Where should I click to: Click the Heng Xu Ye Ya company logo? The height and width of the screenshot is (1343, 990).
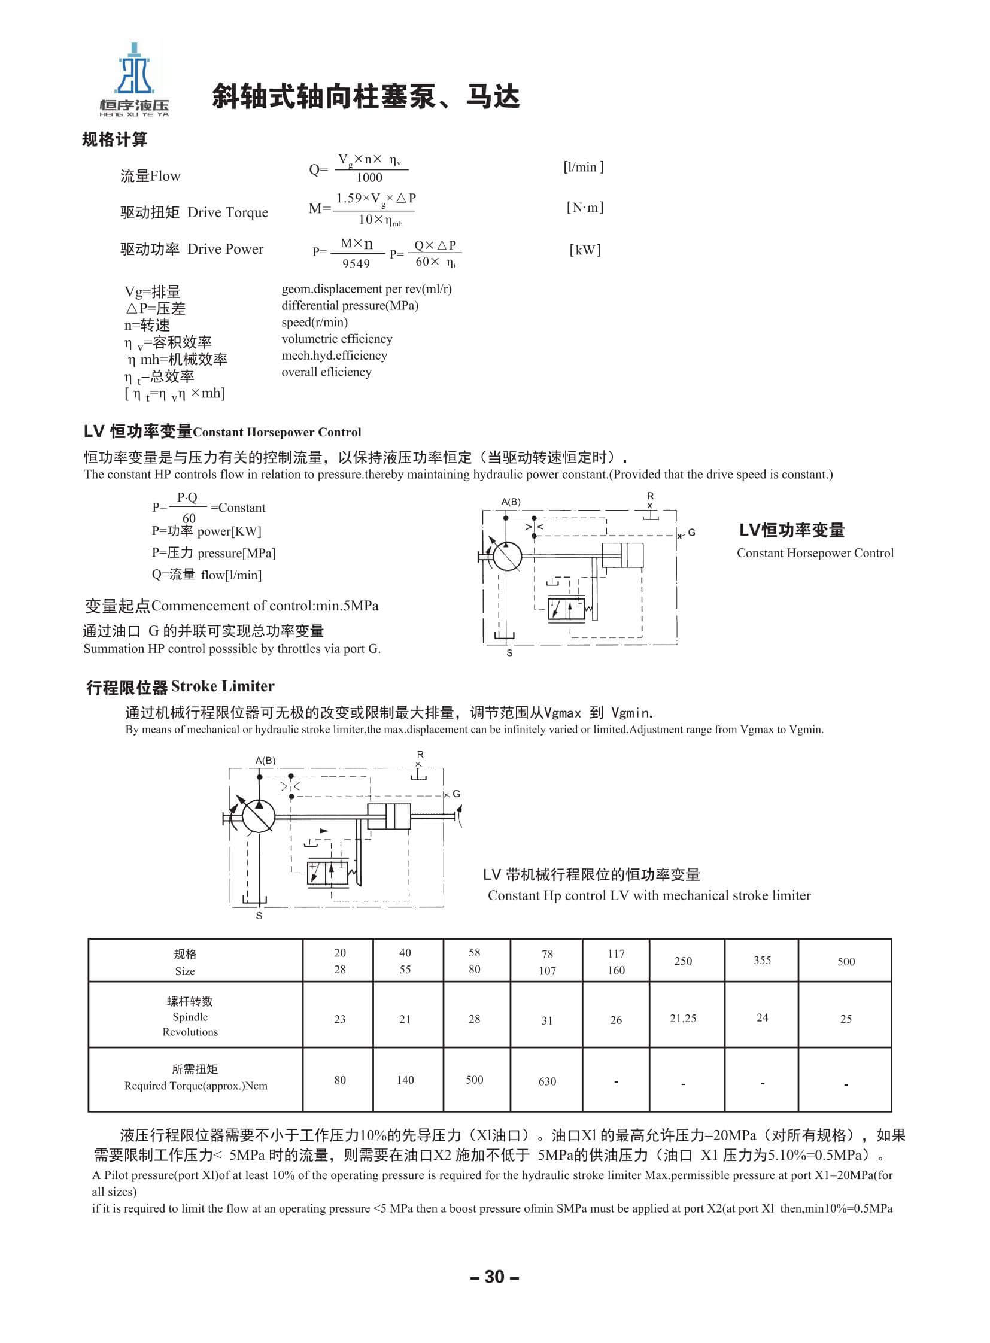coord(134,80)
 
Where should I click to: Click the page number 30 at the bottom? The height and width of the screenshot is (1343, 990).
coord(494,1277)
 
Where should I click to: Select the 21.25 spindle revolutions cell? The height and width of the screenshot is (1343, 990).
coord(682,1018)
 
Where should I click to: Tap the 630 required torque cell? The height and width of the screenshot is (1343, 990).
coord(547,1081)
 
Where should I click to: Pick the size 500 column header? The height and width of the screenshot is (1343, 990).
coord(846,962)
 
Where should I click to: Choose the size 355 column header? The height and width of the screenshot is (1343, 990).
coord(762,961)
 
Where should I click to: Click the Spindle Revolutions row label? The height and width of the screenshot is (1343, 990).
coord(190,1017)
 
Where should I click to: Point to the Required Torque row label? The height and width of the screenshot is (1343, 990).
coord(195,1078)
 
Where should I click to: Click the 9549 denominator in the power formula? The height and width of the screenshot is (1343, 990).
coord(356,264)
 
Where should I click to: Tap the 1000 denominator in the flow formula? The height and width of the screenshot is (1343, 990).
coord(369,177)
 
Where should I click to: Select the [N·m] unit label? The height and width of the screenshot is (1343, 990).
coord(585,207)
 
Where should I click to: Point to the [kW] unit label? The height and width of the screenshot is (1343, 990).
coord(585,250)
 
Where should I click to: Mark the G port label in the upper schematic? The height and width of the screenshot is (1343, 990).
coord(691,532)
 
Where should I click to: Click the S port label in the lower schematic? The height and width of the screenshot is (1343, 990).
coord(259,916)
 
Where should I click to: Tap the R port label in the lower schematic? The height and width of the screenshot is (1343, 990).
coord(420,755)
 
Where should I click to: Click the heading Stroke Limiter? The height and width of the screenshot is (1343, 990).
coord(222,686)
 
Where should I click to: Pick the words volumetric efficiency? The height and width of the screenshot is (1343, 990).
coord(337,339)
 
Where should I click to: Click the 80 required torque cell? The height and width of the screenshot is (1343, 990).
coord(340,1080)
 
